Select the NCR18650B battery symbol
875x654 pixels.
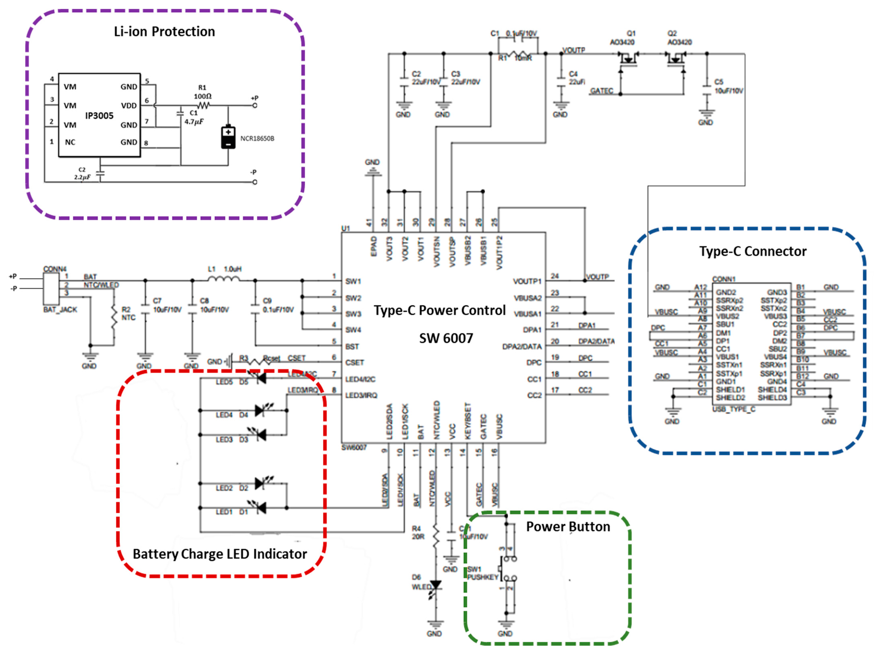point(228,137)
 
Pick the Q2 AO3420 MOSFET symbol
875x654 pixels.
point(676,59)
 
